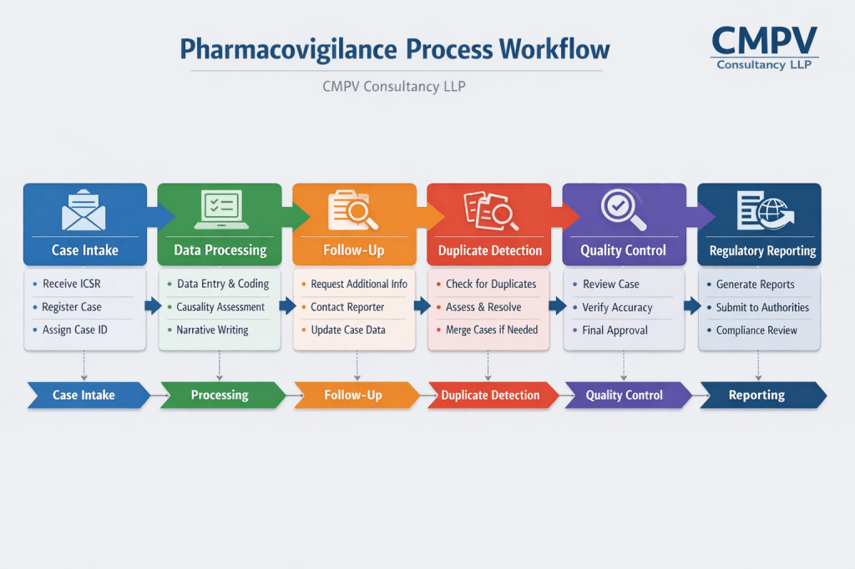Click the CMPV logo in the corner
763,48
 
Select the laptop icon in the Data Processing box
220,209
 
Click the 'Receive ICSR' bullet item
72,284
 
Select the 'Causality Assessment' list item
220,307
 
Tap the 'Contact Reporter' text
347,307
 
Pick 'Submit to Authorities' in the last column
762,307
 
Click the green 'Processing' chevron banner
220,395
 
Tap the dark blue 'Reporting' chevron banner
757,395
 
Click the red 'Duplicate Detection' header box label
490,250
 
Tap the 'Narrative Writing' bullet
212,330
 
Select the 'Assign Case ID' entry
75,330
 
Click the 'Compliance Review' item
756,330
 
